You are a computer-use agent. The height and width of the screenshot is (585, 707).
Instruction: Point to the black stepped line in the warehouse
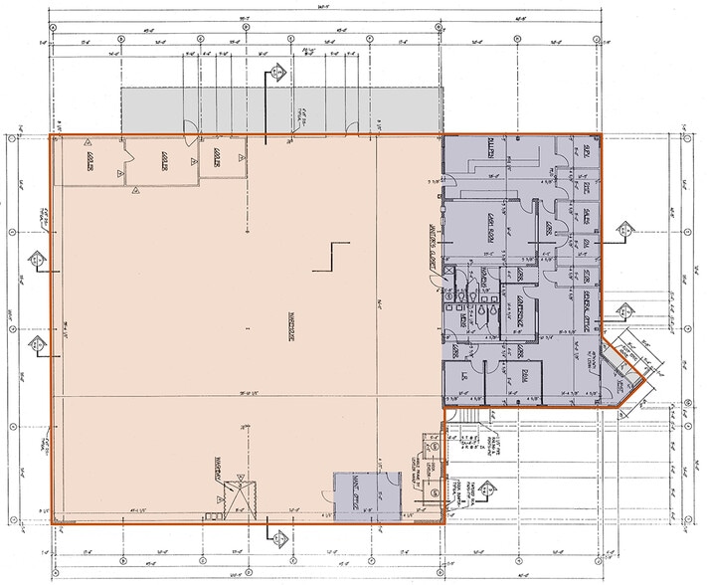[331, 256]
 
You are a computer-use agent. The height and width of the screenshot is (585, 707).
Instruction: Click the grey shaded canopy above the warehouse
[278, 109]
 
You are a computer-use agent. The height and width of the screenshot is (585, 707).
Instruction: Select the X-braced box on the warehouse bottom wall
[234, 495]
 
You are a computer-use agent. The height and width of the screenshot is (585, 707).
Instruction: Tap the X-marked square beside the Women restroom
[449, 271]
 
